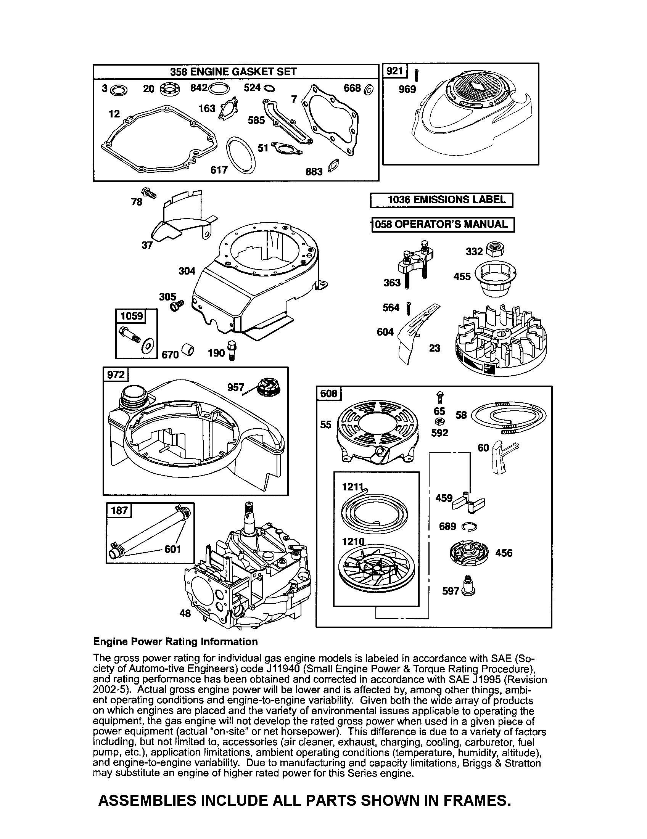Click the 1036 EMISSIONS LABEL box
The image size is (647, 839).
[x=441, y=200]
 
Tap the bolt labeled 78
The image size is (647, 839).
[x=149, y=193]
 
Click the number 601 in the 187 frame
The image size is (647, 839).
[x=172, y=549]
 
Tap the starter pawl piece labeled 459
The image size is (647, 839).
[x=469, y=502]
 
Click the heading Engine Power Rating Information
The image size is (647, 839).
[x=175, y=642]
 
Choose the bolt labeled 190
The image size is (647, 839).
[x=232, y=350]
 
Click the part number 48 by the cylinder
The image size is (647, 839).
[x=185, y=614]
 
